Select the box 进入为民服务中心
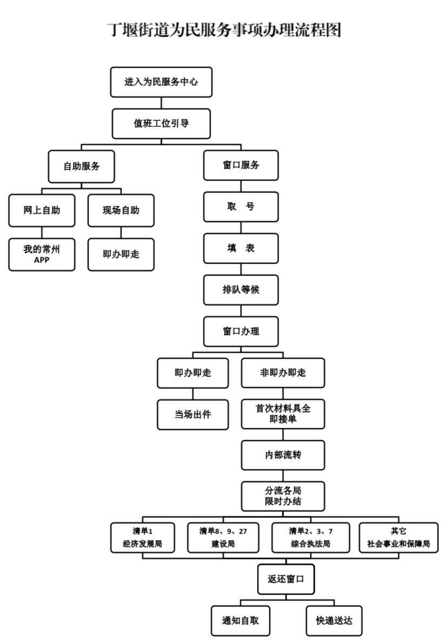161,82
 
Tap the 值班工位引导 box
161,124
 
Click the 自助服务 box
82,166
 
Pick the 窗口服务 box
241,165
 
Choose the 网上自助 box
42,210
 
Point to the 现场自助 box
121,210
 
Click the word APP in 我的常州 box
42,258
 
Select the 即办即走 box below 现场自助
121,254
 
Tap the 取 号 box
241,207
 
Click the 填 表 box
241,248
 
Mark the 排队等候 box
241,289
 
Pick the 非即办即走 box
283,373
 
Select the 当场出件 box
193,414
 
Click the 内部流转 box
283,455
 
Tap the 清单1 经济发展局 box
143,538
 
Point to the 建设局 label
222,544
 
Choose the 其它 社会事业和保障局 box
398,538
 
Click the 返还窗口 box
286,579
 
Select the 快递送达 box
334,620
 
